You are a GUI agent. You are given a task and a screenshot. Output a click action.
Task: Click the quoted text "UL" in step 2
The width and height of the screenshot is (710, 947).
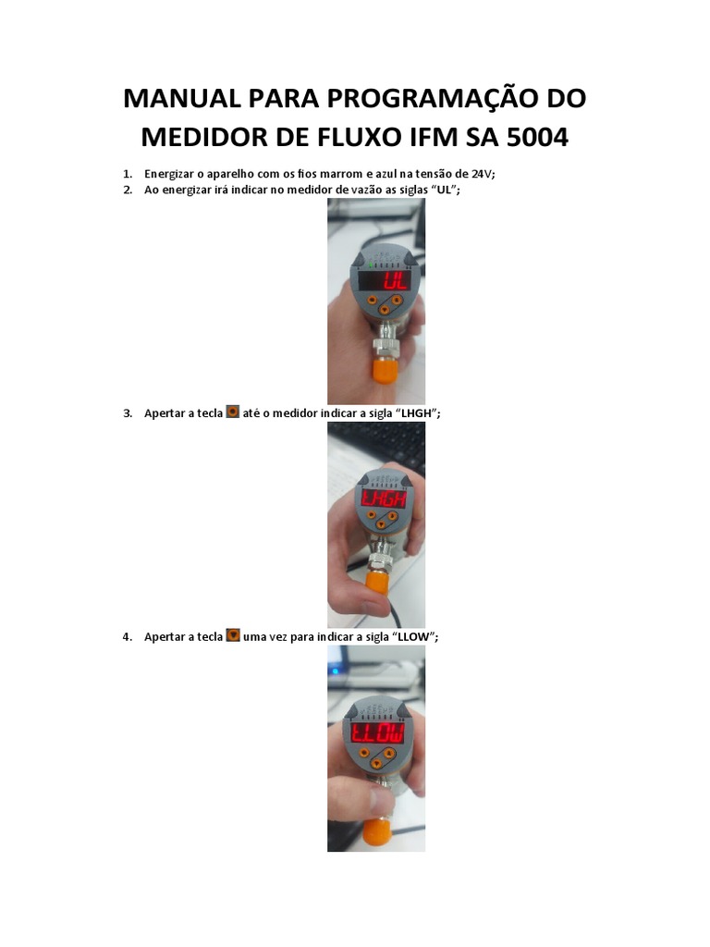[444, 190]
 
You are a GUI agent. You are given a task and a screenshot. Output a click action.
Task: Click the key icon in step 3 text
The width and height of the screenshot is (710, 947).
[233, 412]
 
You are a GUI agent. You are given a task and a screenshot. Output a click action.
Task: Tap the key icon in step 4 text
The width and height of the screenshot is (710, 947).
[233, 635]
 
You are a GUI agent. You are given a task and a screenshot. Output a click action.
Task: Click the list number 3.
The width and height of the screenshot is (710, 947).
[128, 413]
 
